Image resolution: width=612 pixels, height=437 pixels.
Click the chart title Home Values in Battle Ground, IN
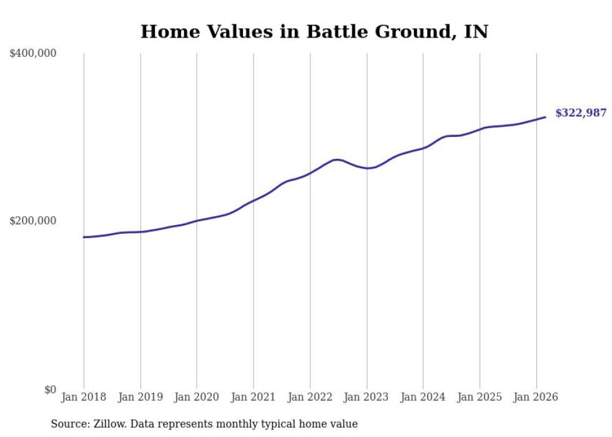[314, 31]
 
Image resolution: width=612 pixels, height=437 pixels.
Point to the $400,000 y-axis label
[33, 54]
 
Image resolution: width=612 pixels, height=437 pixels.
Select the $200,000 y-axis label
[33, 221]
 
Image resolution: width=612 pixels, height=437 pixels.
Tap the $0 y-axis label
[50, 389]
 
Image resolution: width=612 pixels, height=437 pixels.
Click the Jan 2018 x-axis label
[84, 397]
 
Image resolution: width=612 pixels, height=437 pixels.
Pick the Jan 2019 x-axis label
[141, 397]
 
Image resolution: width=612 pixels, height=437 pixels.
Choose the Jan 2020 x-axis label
[197, 397]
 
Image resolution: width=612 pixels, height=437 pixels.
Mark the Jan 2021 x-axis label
[254, 397]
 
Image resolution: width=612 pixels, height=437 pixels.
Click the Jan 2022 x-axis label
[310, 397]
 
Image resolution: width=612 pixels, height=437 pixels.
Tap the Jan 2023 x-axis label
[367, 397]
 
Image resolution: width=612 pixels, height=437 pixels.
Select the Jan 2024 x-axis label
[423, 397]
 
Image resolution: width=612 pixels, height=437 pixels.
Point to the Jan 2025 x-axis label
[480, 397]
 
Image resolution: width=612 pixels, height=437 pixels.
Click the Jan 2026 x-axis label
[536, 397]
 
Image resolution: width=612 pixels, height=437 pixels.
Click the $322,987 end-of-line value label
[581, 113]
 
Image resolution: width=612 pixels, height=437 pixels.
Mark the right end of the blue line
[545, 117]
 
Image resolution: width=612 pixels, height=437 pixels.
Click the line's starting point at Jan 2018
[84, 237]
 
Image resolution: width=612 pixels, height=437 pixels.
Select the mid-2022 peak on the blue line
[337, 159]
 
